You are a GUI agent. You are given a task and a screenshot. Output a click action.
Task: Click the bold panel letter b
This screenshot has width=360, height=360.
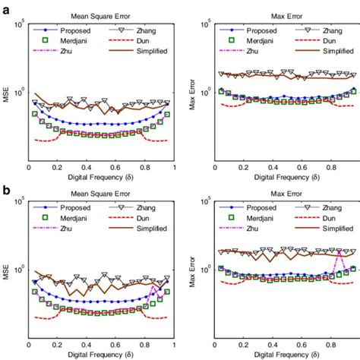pyautogui.click(x=6, y=184)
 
